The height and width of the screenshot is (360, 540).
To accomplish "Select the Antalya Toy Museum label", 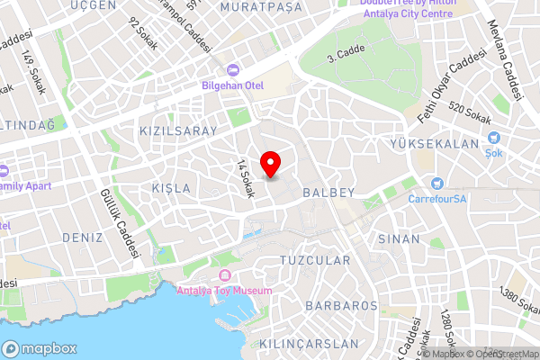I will tap(224, 290).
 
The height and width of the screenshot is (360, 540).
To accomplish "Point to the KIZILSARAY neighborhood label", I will tap(178, 130).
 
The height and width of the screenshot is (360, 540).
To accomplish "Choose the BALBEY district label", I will tap(328, 193).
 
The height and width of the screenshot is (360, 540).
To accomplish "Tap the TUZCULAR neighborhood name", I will tap(315, 260).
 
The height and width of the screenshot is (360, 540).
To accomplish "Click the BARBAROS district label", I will tap(341, 306).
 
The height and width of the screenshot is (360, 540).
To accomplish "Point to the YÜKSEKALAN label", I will tap(434, 144).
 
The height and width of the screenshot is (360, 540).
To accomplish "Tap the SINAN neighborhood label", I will tap(400, 238).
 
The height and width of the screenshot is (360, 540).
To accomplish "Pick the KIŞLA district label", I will tap(171, 188).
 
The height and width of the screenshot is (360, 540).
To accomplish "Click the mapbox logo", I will tap(39, 348).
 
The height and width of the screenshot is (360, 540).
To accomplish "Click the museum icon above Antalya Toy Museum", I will tap(224, 274).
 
